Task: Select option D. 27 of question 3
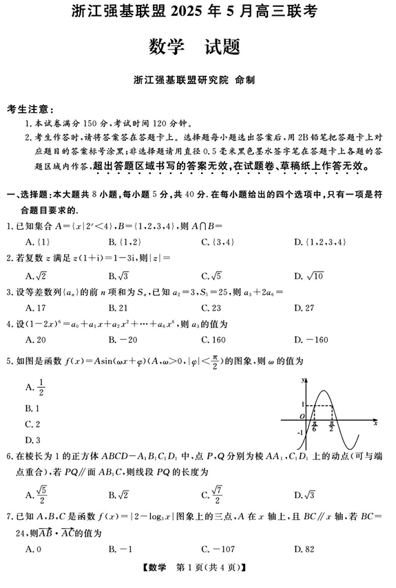point(304,307)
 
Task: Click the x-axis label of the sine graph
point(375,424)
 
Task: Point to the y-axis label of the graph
point(302,380)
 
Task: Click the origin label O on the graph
point(301,416)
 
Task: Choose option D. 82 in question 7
point(304,548)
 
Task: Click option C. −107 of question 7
point(216,548)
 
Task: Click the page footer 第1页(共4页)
point(198,568)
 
